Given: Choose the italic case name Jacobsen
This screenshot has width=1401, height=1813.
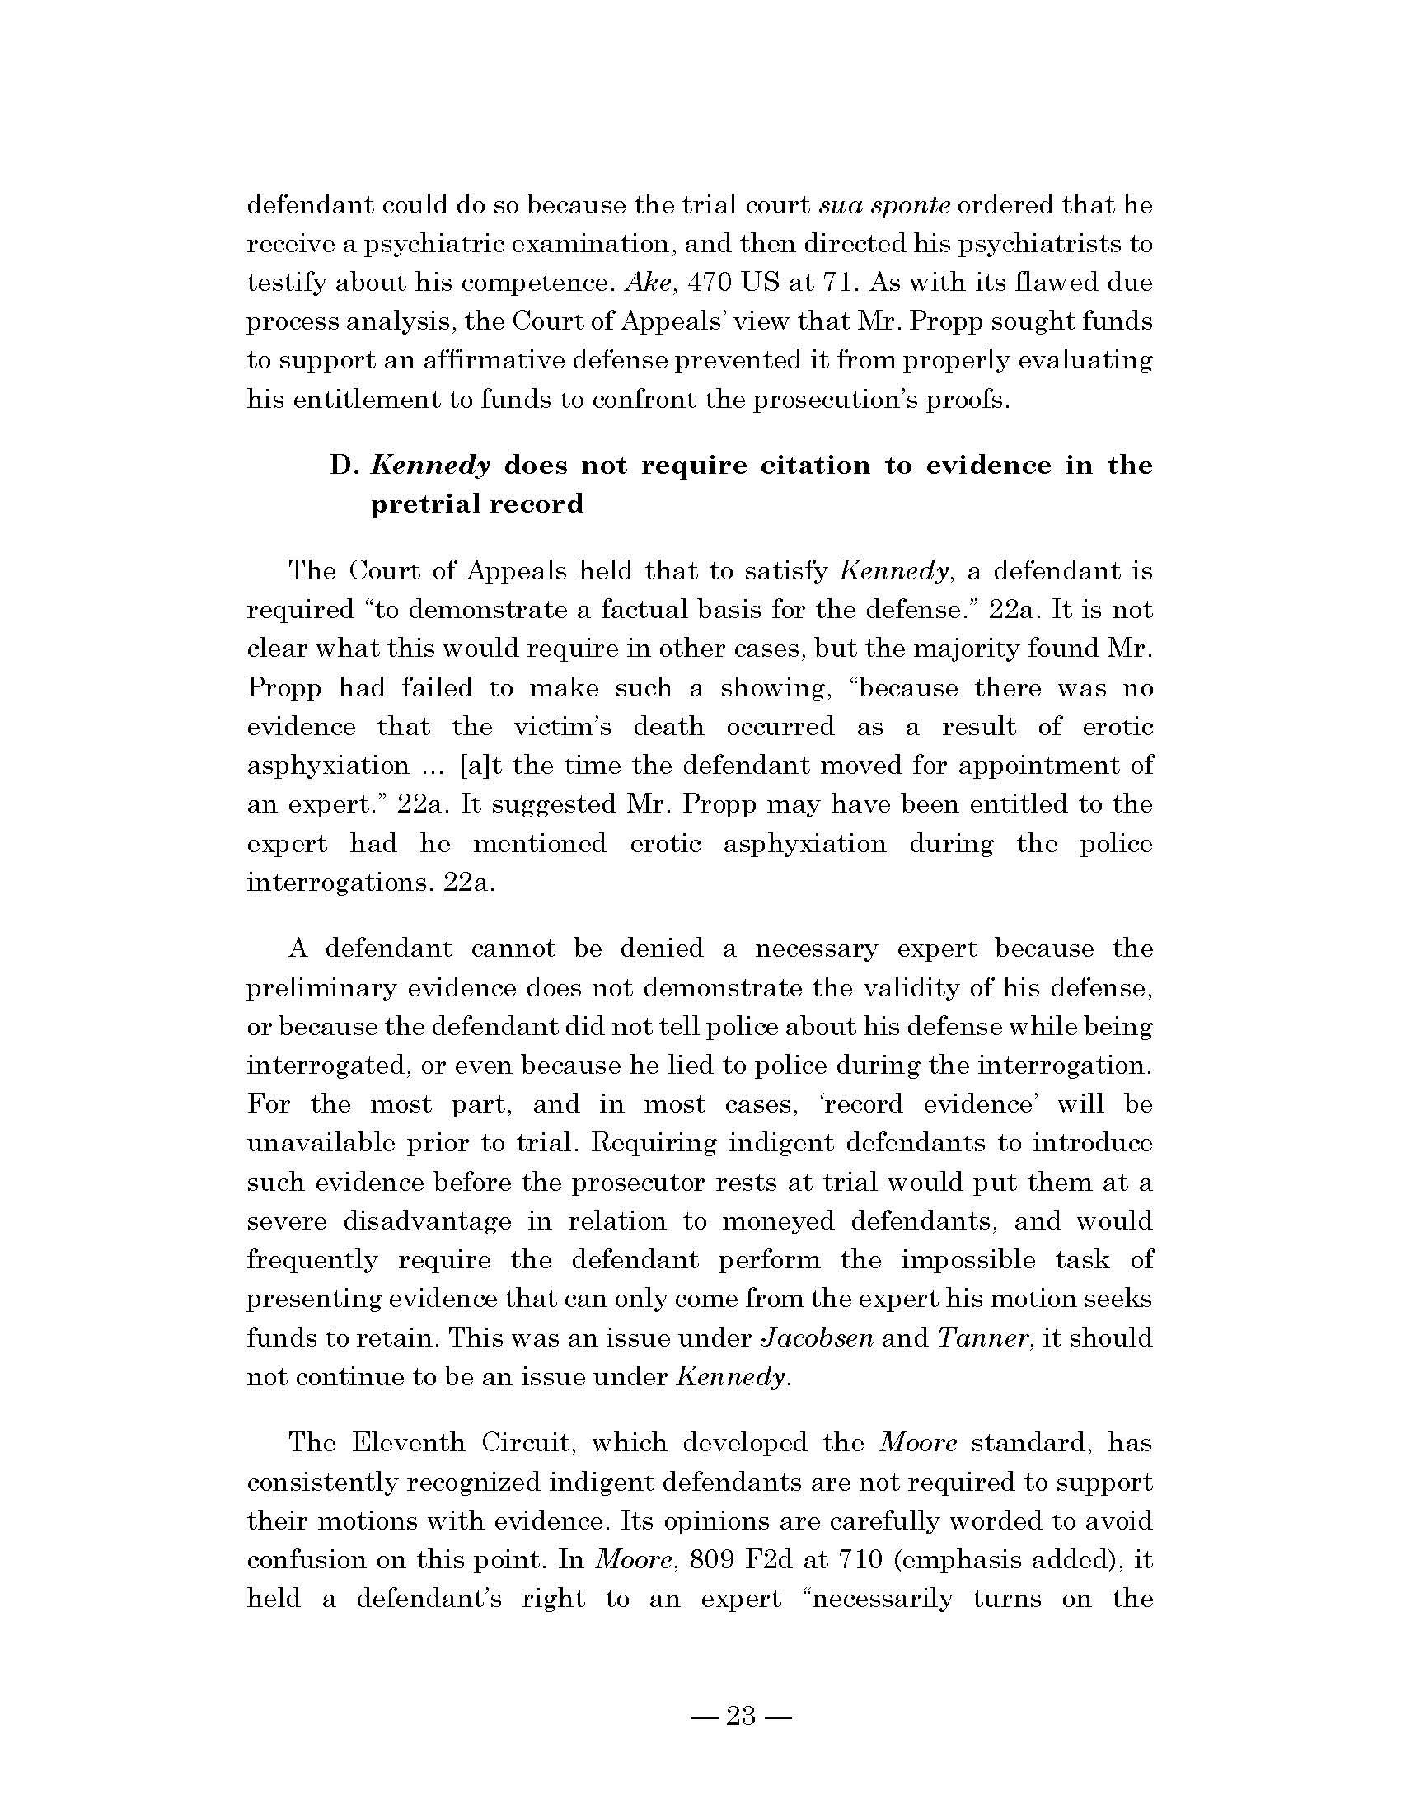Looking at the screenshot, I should pos(817,1337).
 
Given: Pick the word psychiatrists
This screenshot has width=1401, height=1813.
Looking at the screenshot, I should pos(1010,244).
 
